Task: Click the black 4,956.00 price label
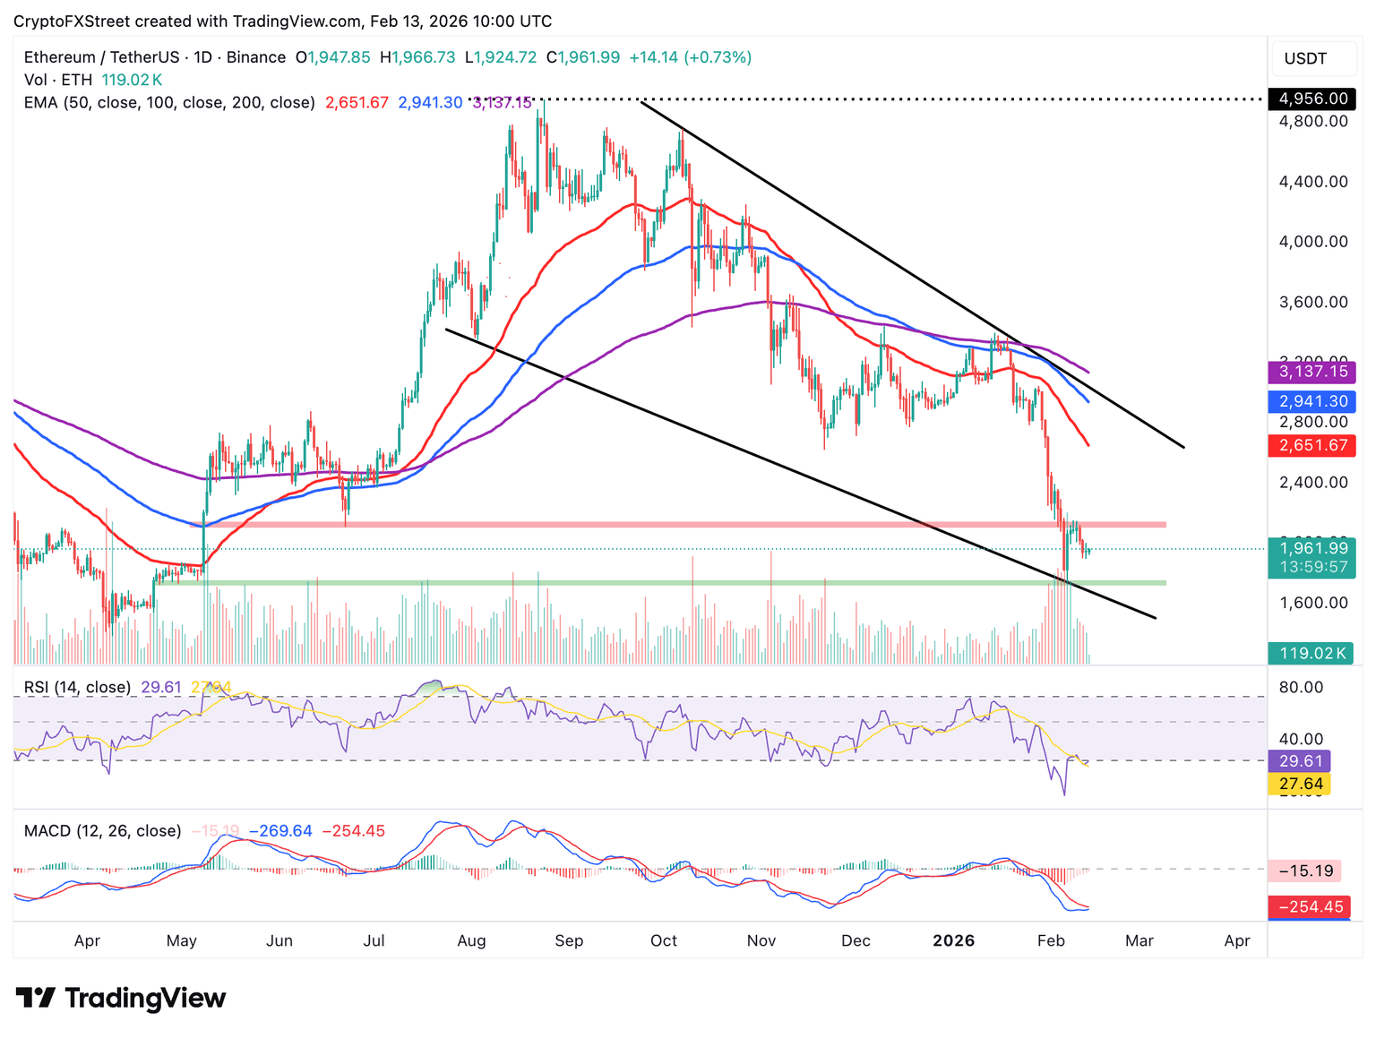click(1312, 99)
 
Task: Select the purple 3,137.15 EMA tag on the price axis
click(1312, 372)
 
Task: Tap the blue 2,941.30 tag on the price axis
click(1312, 401)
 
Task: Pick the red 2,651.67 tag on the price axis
click(1312, 445)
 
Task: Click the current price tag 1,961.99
click(1312, 548)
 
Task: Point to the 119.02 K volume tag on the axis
click(1312, 653)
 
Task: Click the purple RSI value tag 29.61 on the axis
click(1300, 761)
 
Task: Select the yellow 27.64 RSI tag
click(1300, 784)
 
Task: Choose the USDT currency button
click(1305, 59)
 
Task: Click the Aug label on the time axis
click(471, 940)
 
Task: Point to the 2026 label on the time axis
click(953, 940)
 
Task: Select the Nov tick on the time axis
click(761, 940)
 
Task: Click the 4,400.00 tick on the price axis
click(1312, 182)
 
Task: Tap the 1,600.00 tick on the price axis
click(1312, 603)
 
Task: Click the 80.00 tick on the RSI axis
click(1300, 687)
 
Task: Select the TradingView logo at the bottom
click(121, 998)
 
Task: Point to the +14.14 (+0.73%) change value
click(690, 57)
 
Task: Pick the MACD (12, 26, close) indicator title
click(102, 831)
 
